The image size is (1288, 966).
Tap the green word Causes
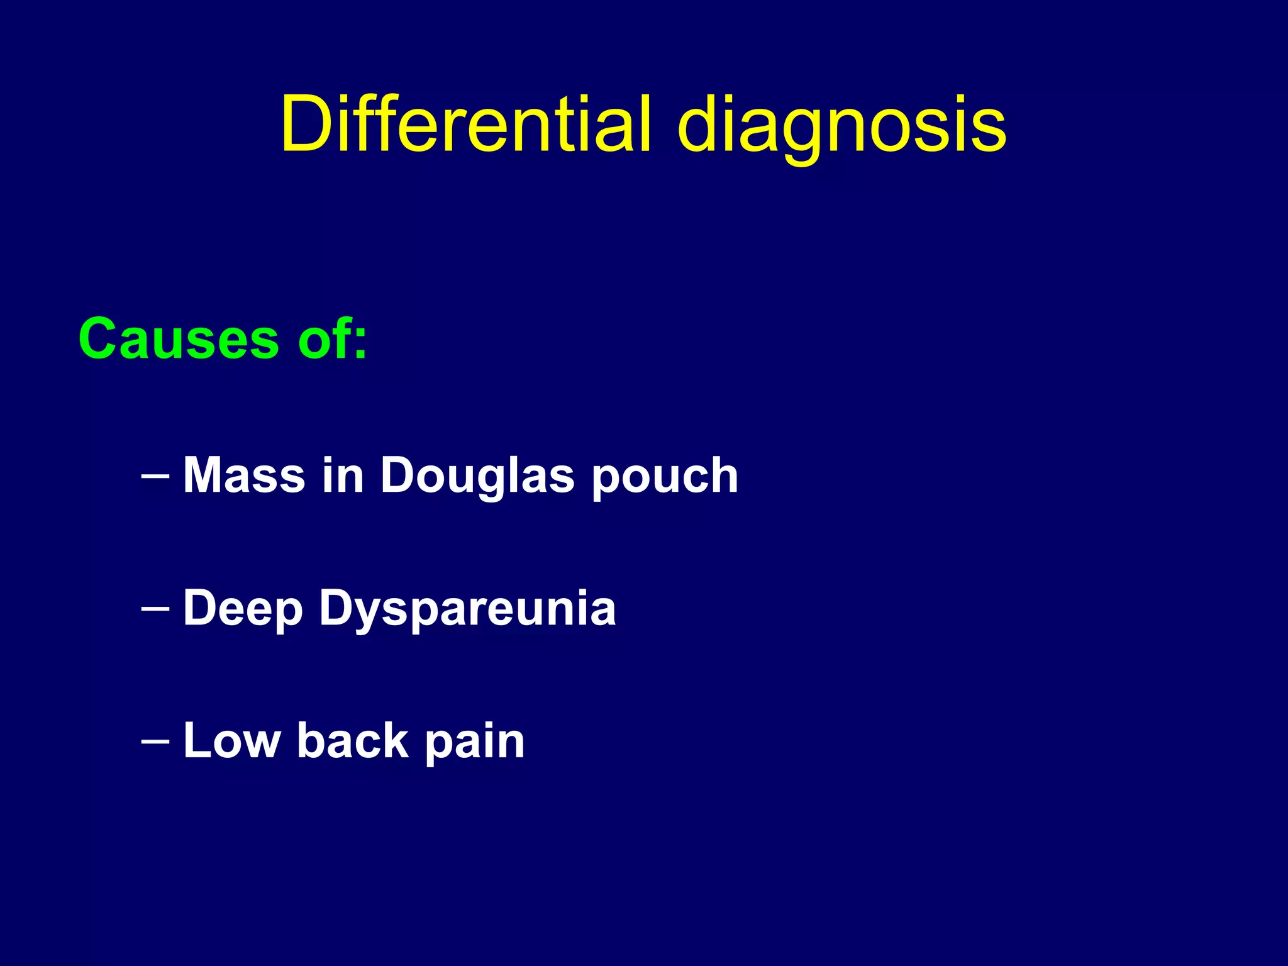[179, 339]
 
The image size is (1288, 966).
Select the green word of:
[332, 339]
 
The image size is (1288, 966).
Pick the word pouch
[665, 478]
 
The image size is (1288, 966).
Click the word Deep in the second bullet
[243, 609]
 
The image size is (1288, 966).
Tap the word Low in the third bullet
[231, 741]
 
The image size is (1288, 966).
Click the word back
[353, 741]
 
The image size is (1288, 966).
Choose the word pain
[475, 742]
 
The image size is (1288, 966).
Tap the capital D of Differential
[306, 124]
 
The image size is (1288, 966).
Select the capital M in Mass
[204, 475]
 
